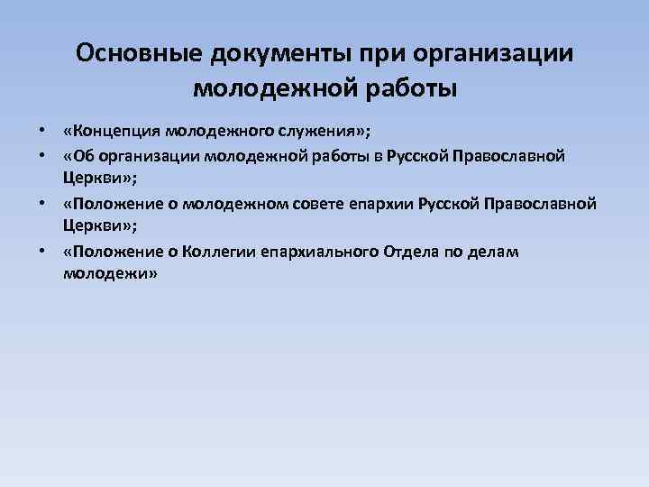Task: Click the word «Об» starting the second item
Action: (x=78, y=157)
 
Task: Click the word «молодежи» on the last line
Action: (x=111, y=274)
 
